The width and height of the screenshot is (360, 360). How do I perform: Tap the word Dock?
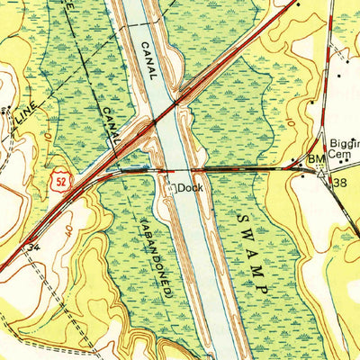(x=189, y=188)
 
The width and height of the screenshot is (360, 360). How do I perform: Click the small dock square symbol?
(x=171, y=187)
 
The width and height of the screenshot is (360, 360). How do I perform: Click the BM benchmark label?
(x=315, y=160)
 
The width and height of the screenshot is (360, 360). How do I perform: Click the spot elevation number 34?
(x=33, y=245)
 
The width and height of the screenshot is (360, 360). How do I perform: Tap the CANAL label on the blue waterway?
(x=149, y=62)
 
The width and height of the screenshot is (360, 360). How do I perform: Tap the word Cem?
(x=335, y=155)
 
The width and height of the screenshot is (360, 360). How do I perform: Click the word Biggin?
(x=345, y=142)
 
